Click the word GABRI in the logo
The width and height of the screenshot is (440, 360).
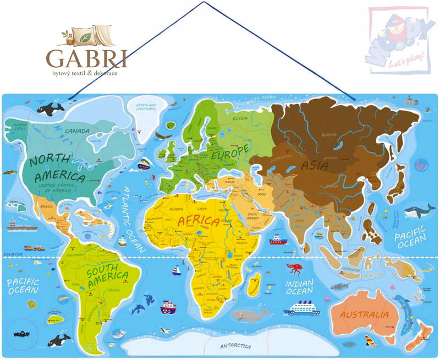pos(86,58)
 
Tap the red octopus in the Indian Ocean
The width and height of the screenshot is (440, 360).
pos(294,269)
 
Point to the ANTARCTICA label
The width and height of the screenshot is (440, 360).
pos(235,346)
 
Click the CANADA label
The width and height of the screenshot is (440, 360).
pos(77,132)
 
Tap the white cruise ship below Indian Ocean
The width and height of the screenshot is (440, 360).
pos(301,308)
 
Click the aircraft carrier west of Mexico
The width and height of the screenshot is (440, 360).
pos(21,226)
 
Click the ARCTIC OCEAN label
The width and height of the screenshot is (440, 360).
pos(260,99)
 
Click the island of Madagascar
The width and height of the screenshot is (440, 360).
pos(254,285)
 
